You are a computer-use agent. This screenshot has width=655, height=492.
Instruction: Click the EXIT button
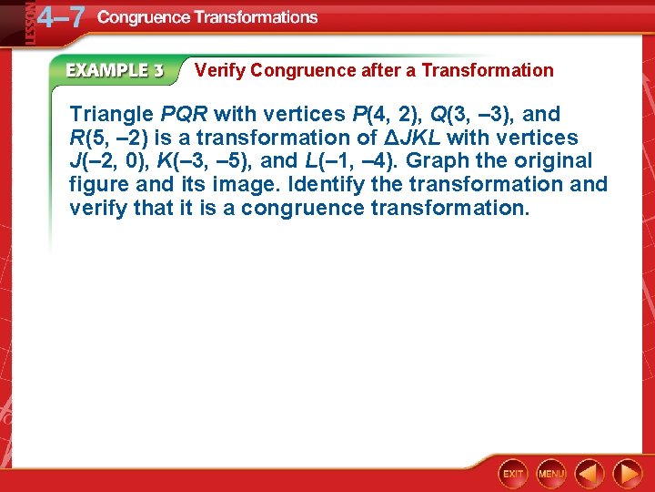click(x=514, y=474)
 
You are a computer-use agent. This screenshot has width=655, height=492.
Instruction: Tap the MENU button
click(x=551, y=474)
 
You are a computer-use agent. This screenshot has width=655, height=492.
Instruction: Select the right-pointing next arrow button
click(x=627, y=474)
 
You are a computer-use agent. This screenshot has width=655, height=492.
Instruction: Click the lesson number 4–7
click(x=61, y=17)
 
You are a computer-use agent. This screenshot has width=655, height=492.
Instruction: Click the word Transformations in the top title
click(x=253, y=17)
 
